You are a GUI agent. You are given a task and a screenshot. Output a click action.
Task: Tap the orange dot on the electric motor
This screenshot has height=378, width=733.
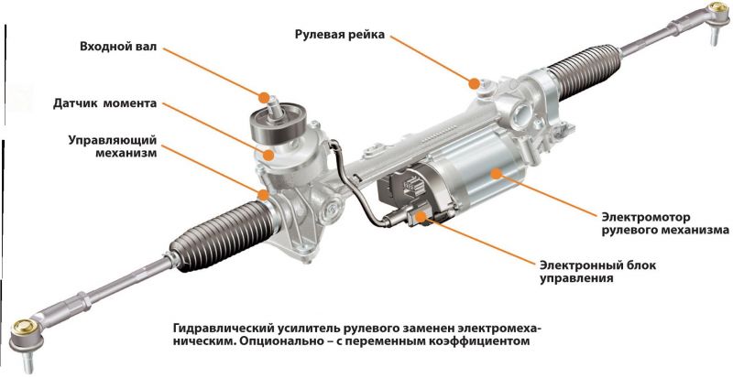494,171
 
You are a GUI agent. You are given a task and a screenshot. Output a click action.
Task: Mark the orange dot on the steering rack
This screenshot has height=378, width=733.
474,83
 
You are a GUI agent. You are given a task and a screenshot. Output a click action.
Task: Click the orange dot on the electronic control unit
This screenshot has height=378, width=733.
422,216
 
